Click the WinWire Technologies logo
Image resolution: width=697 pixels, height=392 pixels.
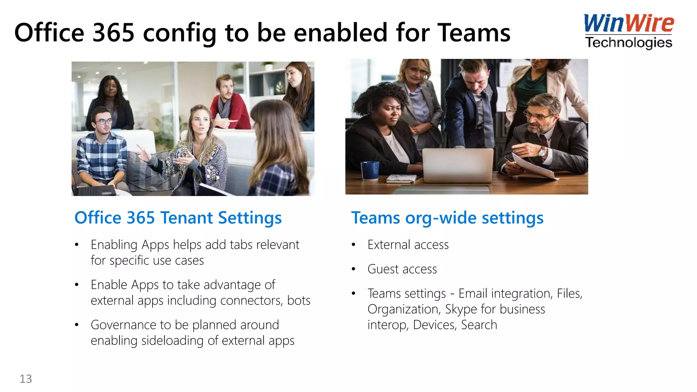[x=628, y=31]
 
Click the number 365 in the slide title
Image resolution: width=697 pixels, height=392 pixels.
[x=113, y=33]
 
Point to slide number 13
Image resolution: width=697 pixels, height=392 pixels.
[x=26, y=379]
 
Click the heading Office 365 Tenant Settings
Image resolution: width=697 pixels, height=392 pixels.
[x=178, y=218]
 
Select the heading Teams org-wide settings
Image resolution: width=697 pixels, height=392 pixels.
[x=447, y=218]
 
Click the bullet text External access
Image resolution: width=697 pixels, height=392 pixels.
[x=408, y=245]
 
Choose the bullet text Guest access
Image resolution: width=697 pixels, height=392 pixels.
[x=402, y=269]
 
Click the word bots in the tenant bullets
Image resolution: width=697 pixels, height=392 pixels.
[x=298, y=300]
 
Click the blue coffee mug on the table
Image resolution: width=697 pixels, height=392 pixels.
[x=370, y=170]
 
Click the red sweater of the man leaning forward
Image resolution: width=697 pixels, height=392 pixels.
[x=235, y=112]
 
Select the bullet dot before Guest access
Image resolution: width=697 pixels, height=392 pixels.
[x=354, y=269]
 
